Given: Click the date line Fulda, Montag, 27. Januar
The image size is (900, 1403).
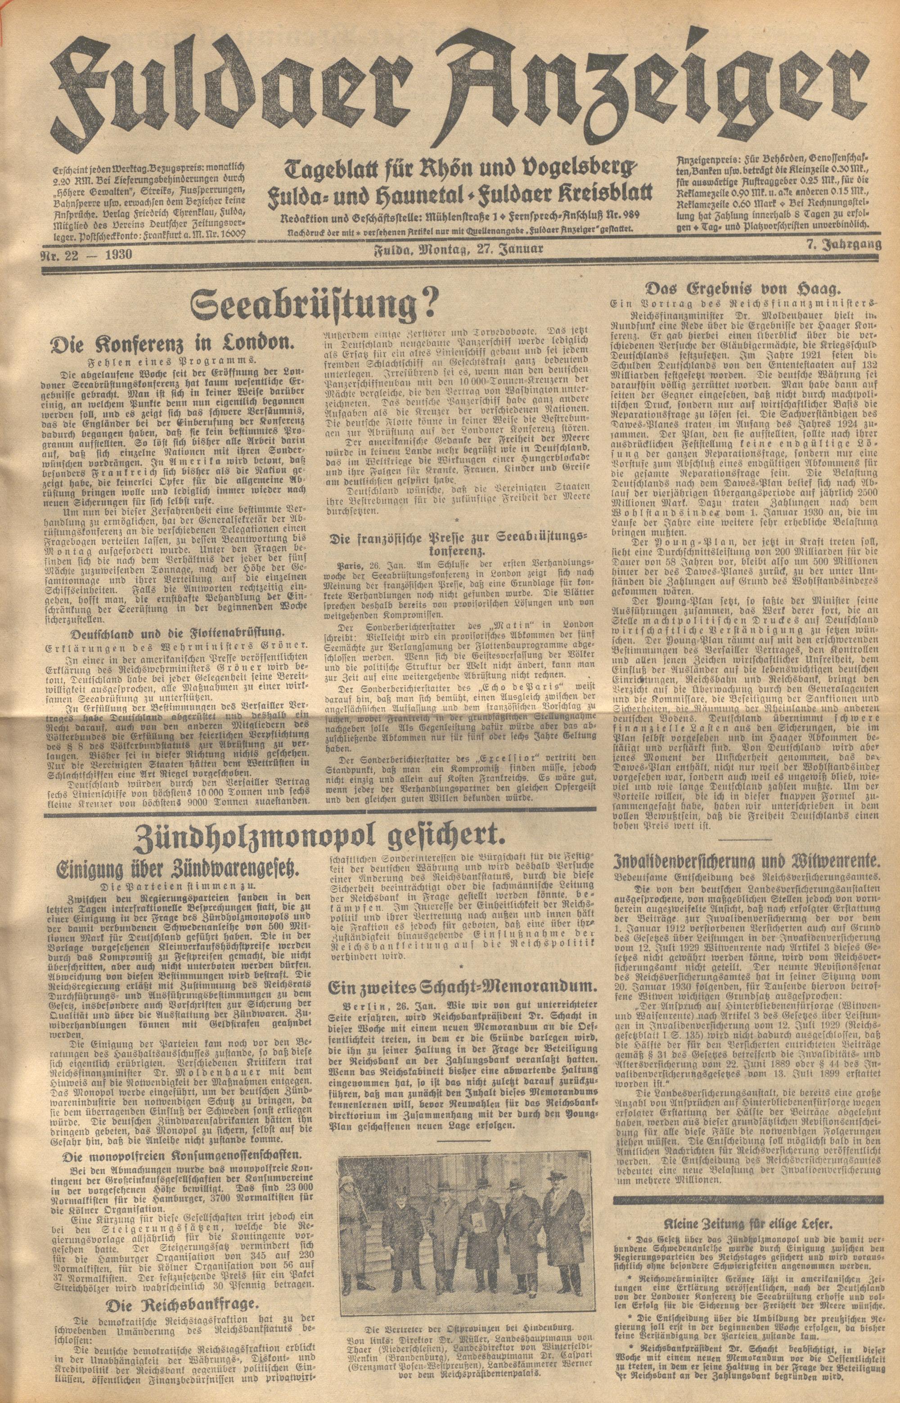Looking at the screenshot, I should tap(459, 251).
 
